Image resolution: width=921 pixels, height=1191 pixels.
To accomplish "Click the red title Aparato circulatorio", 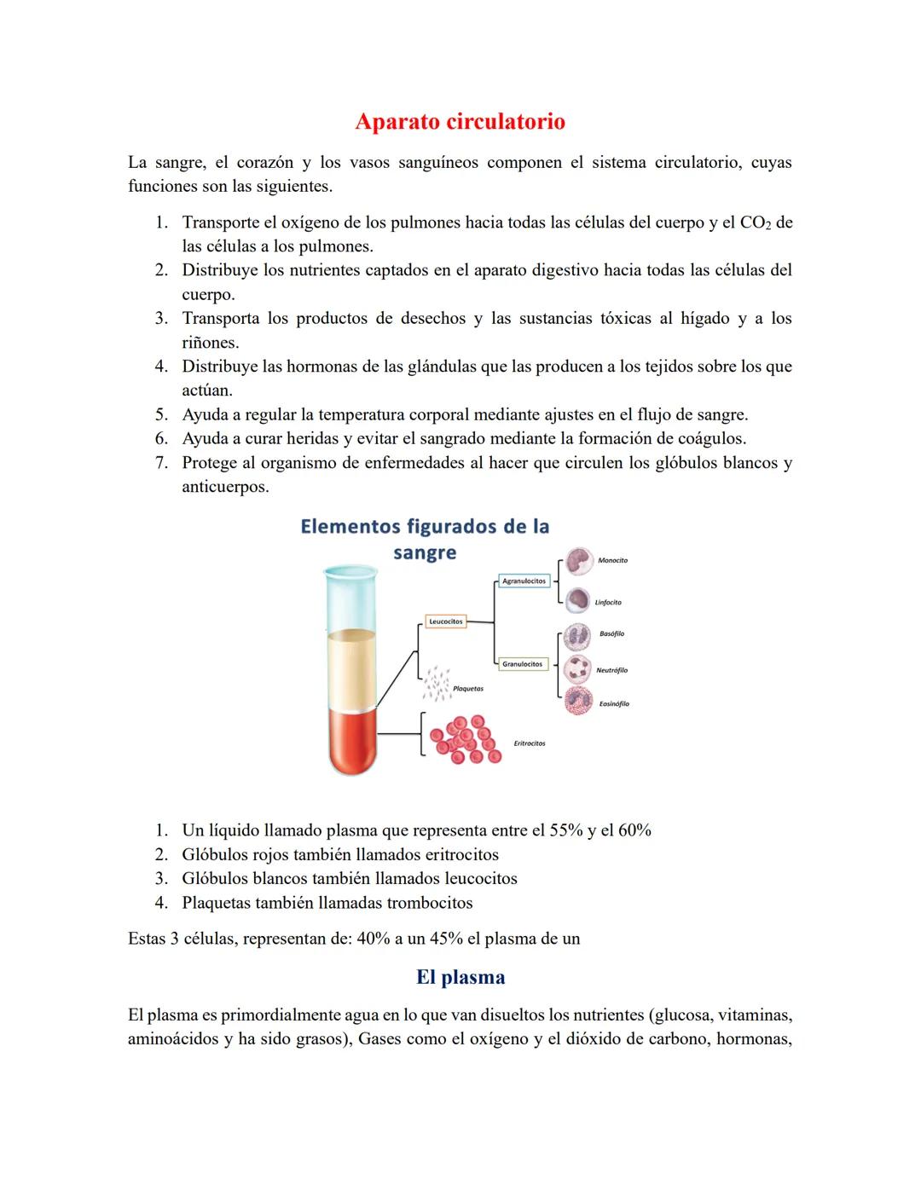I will [x=460, y=122].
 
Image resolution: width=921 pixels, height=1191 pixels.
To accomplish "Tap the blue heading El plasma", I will [x=460, y=977].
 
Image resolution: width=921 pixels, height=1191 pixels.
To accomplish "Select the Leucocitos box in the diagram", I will [x=445, y=622].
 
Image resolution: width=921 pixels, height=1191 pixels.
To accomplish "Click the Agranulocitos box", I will [x=524, y=581].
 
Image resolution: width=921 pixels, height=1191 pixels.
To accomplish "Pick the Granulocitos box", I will [x=523, y=663].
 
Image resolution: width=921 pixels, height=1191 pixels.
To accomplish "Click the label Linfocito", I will [x=608, y=603].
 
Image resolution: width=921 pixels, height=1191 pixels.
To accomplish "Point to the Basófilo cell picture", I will [x=578, y=636].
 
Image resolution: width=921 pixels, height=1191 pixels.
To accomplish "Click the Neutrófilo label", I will [x=611, y=670].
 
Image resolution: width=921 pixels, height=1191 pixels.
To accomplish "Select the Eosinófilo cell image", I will [x=578, y=701].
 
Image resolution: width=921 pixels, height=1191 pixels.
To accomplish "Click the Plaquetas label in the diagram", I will [x=467, y=688].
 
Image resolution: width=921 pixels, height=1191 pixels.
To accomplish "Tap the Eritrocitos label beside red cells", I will [x=530, y=743].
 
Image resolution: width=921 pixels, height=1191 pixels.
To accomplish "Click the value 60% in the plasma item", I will [x=634, y=830].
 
